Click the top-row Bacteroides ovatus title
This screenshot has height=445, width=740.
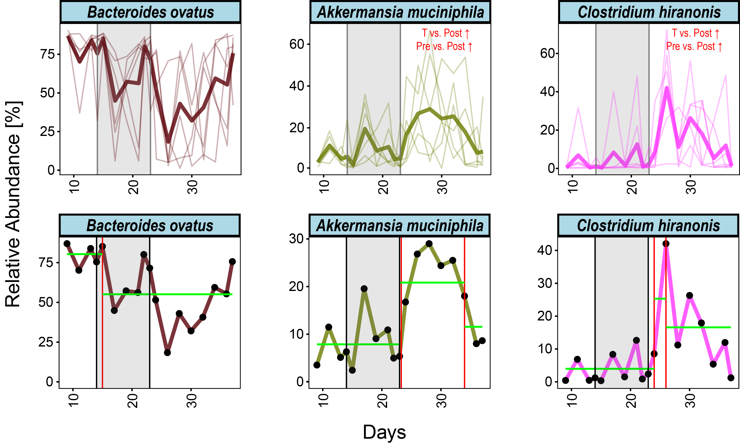coord(151,12)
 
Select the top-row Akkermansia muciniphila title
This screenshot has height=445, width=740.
coord(400,12)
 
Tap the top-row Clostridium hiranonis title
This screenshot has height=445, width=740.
coord(649,12)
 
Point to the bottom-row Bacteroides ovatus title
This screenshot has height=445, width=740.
coord(150,225)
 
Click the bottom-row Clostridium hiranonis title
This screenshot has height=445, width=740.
coord(648,225)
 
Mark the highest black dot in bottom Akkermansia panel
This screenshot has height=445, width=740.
coord(429,244)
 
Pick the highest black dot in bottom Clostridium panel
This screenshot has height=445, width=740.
coord(666,244)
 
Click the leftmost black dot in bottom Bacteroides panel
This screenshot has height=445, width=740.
coord(67,244)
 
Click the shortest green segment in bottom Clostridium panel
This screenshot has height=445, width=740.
coord(660,299)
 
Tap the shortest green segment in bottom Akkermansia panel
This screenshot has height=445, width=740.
coord(473,327)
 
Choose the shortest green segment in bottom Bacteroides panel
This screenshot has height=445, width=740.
coord(84,254)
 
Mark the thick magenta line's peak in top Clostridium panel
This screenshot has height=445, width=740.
coord(667,88)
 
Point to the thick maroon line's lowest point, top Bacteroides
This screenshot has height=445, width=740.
coord(168,142)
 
